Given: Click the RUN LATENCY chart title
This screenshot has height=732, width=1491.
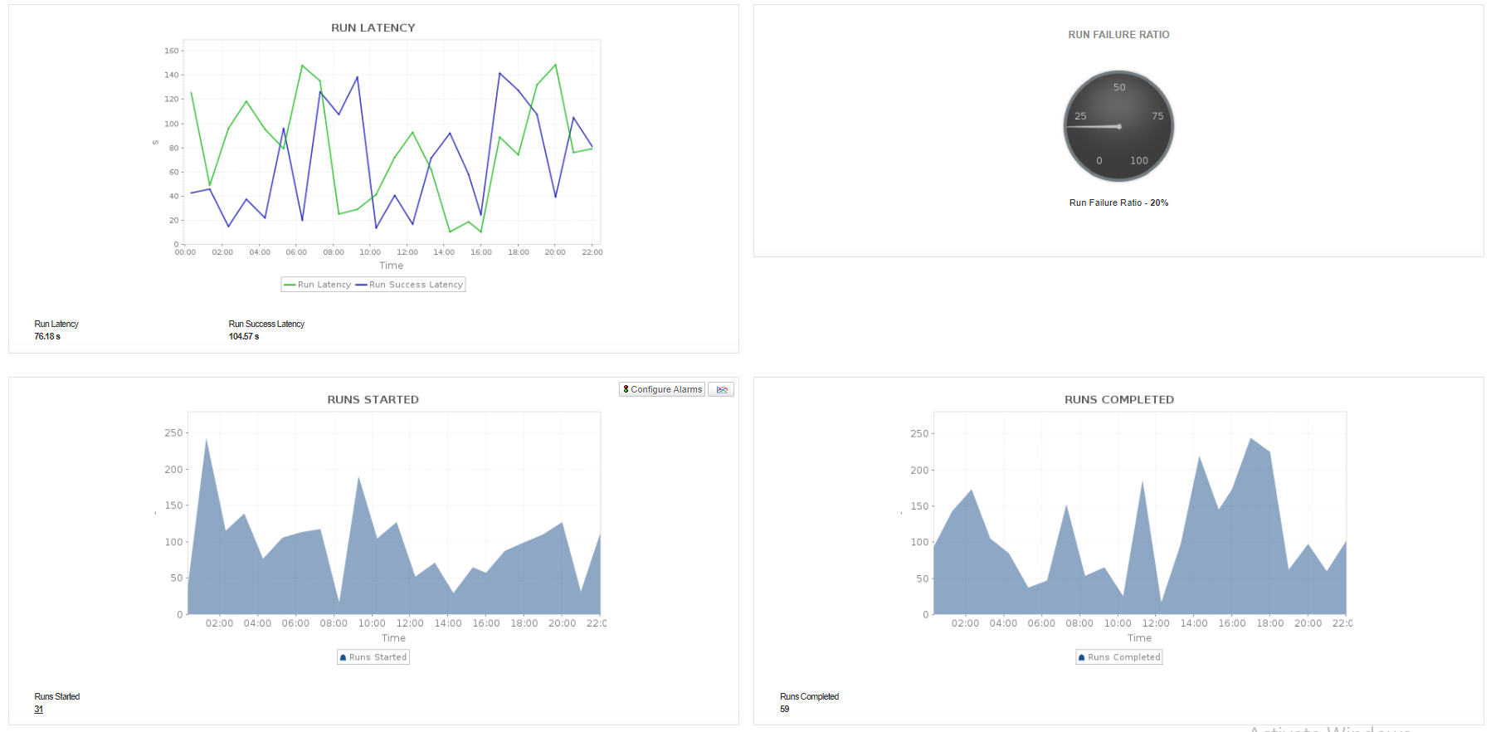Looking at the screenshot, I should click(x=373, y=27).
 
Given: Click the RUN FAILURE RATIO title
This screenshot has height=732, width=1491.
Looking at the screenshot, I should click(x=1118, y=35).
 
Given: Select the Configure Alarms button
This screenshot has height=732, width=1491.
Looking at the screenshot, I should click(x=662, y=389).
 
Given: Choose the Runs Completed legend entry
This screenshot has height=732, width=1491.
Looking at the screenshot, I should click(x=1119, y=657).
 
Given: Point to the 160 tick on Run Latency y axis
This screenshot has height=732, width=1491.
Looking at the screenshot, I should click(x=171, y=51).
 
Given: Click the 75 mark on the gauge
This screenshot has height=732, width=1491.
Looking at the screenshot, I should click(x=1157, y=116).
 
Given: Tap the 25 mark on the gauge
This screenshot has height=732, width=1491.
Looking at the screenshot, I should click(x=1080, y=116).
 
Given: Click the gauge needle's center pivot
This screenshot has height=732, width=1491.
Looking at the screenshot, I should click(x=1119, y=126).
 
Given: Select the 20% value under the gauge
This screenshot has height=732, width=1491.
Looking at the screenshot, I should click(x=1159, y=203).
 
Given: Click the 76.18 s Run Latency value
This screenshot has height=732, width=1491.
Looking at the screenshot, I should click(x=47, y=337).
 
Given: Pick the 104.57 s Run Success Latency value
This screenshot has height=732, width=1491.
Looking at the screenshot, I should click(x=244, y=337).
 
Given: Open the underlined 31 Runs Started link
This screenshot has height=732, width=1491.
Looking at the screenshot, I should click(x=38, y=710).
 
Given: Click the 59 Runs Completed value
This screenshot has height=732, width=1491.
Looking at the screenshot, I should click(x=784, y=710).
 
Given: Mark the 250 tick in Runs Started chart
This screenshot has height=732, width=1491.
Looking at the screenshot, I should click(x=173, y=433).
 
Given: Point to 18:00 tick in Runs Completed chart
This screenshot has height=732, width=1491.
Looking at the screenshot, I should click(x=1269, y=623).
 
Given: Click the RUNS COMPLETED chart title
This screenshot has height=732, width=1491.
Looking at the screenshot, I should click(x=1119, y=400).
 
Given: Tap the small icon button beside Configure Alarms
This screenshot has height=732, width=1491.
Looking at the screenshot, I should click(x=721, y=389).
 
